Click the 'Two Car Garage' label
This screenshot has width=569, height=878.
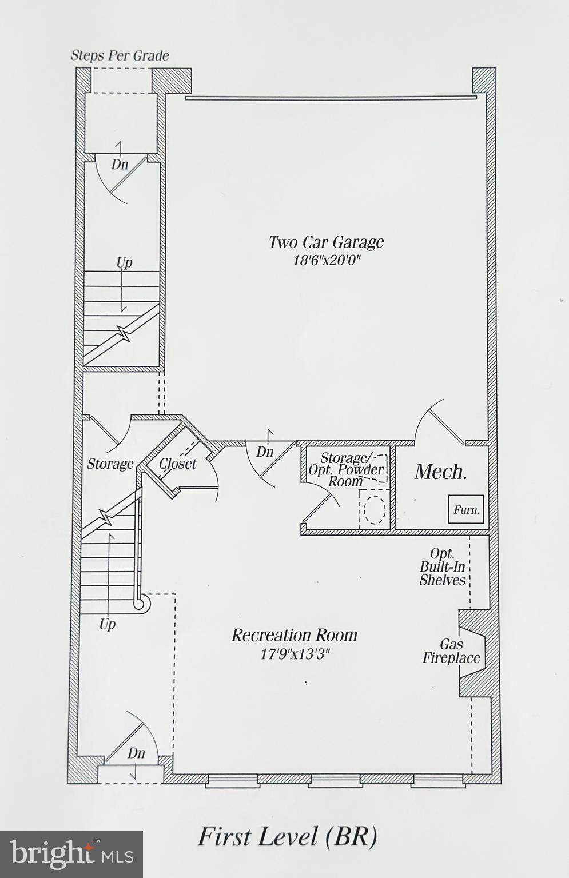tap(326, 242)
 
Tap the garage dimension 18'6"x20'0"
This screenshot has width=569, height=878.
tap(326, 261)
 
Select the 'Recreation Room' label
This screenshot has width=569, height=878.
tap(294, 635)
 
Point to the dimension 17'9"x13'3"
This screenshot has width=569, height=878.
tap(295, 654)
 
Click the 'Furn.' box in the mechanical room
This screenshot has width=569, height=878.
tap(466, 509)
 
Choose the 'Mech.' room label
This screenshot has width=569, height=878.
tap(441, 472)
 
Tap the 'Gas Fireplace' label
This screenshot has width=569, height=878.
tap(451, 652)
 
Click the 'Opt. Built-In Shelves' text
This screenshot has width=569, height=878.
tap(443, 568)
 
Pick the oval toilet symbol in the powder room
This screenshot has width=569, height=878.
tap(375, 510)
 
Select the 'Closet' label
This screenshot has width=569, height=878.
tap(177, 464)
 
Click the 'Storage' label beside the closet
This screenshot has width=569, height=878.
tap(110, 464)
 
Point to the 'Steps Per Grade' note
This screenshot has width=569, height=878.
tap(120, 55)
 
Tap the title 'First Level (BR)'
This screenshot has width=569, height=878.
tap(287, 837)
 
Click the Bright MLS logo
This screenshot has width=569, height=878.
tap(71, 854)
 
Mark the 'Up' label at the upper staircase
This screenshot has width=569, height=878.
tap(124, 262)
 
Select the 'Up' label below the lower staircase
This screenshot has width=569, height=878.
tap(108, 624)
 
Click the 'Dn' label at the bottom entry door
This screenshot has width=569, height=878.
tap(136, 753)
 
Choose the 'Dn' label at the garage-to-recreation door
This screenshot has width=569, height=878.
tap(265, 452)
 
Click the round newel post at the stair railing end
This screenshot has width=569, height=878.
tap(139, 603)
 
